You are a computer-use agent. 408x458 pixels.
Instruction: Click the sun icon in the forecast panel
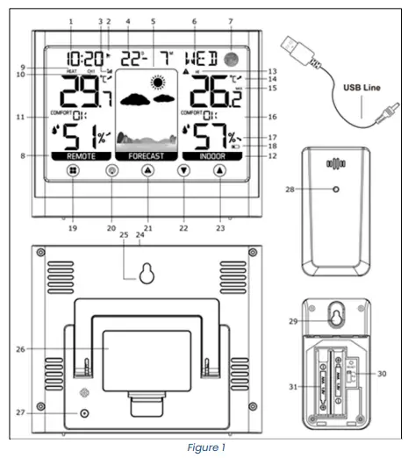(x=158, y=84)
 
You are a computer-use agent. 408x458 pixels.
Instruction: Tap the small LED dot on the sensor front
(x=336, y=190)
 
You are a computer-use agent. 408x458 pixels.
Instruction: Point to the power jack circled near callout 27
(x=85, y=412)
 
